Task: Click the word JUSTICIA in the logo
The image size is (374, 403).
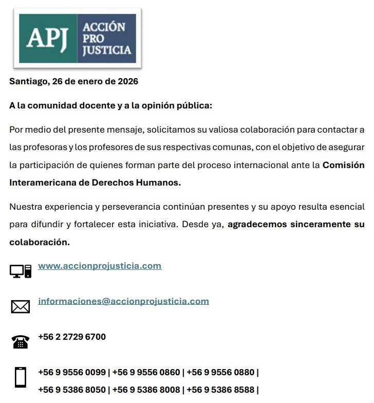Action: click(107, 50)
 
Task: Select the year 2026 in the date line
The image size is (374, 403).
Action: click(128, 81)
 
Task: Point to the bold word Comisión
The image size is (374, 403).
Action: click(343, 165)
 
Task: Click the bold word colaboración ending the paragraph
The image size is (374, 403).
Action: click(39, 242)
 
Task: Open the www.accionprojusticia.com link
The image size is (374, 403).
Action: click(100, 266)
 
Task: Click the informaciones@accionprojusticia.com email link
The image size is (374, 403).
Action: click(123, 301)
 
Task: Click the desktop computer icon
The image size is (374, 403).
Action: click(21, 270)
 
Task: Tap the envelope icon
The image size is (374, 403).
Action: click(21, 306)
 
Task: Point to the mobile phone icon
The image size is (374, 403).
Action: click(21, 377)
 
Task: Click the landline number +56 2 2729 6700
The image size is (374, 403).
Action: click(72, 337)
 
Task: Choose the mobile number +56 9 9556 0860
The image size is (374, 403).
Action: click(146, 372)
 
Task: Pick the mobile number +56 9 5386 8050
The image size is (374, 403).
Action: click(72, 390)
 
